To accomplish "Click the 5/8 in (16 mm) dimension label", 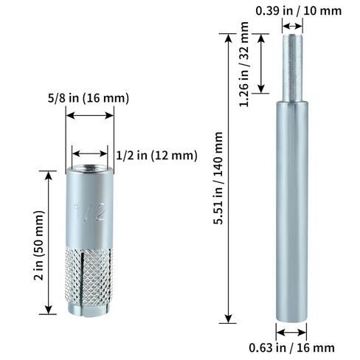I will click(x=89, y=97).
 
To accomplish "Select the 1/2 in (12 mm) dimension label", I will click(x=157, y=155).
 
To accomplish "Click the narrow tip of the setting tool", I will click(x=294, y=66).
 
